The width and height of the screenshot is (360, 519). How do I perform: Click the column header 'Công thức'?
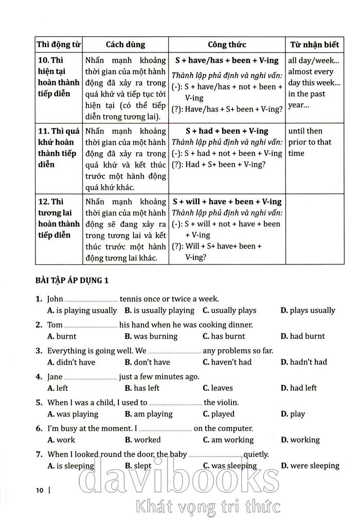(227, 45)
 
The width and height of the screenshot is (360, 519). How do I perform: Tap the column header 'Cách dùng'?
(125, 45)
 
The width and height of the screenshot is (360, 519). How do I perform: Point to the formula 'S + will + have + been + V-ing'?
(227, 202)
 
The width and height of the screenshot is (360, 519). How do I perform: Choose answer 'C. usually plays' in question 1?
(229, 310)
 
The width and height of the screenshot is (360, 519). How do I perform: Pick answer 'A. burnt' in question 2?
(62, 336)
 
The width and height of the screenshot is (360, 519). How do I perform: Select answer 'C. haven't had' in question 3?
(227, 362)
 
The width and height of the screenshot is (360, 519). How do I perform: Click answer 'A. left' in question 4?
(58, 388)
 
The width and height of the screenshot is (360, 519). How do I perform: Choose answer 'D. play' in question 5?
(293, 414)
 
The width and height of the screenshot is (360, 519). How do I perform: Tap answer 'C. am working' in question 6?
(228, 440)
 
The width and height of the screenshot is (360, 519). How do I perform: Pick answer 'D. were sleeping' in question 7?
(310, 466)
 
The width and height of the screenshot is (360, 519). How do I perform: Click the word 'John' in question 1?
(55, 299)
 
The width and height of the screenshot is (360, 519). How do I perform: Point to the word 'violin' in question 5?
(227, 402)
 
